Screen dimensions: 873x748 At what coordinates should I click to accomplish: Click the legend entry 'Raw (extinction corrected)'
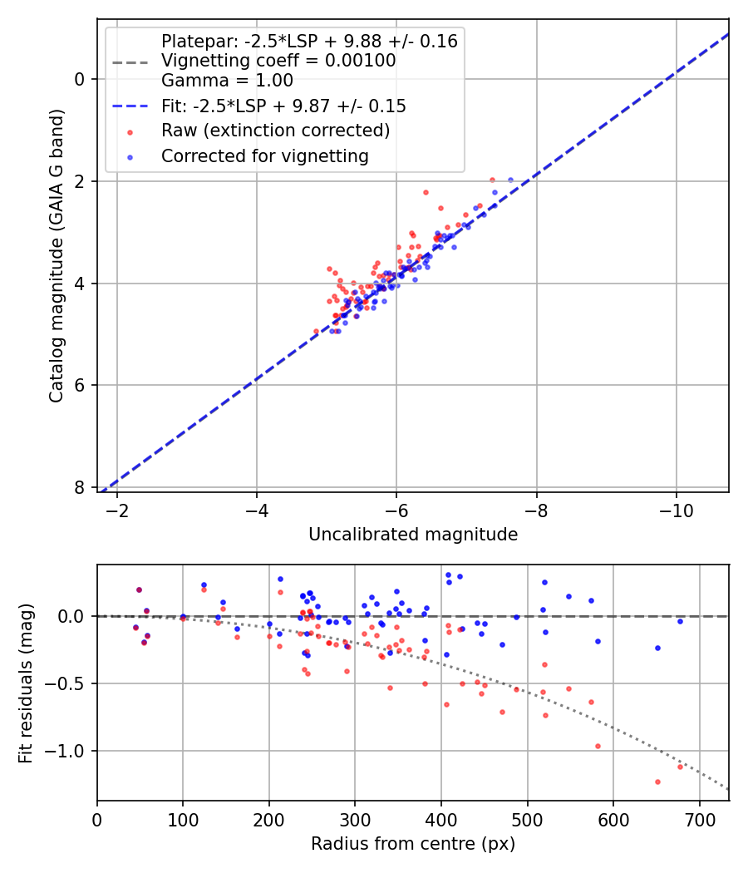click(275, 131)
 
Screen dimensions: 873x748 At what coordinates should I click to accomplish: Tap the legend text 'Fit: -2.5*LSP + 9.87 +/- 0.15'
click(283, 106)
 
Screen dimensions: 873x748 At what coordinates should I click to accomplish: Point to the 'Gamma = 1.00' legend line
click(227, 81)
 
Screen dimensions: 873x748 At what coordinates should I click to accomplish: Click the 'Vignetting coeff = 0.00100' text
click(278, 61)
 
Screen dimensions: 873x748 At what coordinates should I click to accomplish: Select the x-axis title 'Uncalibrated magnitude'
click(413, 535)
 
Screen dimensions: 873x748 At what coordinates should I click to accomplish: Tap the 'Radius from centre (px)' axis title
click(413, 844)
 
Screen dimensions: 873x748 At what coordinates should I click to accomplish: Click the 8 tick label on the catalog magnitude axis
click(81, 487)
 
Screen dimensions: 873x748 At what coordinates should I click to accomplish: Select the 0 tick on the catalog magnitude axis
click(81, 79)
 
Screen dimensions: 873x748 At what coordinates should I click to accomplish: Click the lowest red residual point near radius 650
click(657, 782)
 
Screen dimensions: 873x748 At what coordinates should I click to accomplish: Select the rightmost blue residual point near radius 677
click(680, 621)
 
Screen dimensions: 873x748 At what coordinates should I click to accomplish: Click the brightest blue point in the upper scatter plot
click(510, 180)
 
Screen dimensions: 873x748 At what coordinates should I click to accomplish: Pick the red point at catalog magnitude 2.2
click(426, 192)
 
